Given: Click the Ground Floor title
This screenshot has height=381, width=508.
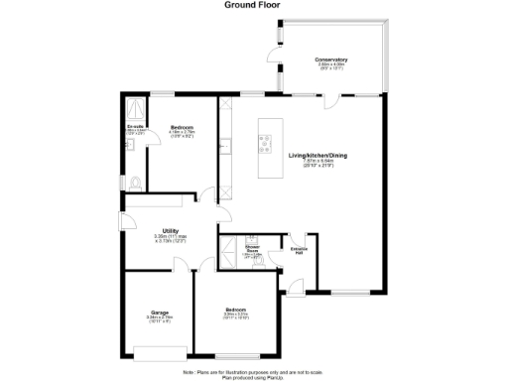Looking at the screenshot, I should pyautogui.click(x=253, y=5).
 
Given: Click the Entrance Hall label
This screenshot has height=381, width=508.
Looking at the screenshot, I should pyautogui.click(x=298, y=249).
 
